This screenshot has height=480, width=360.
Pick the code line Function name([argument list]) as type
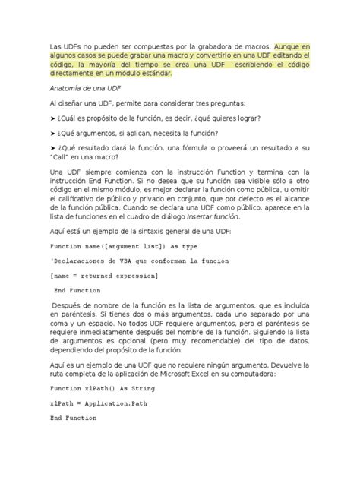(124, 247)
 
